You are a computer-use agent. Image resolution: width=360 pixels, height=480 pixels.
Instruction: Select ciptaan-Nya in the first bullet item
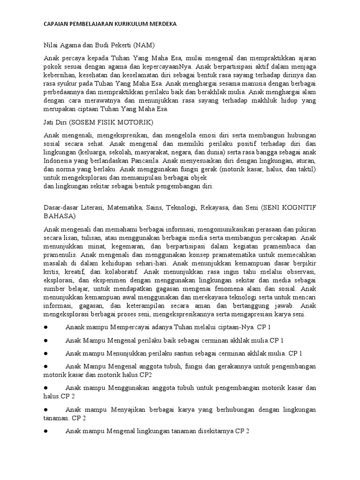coord(238,327)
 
